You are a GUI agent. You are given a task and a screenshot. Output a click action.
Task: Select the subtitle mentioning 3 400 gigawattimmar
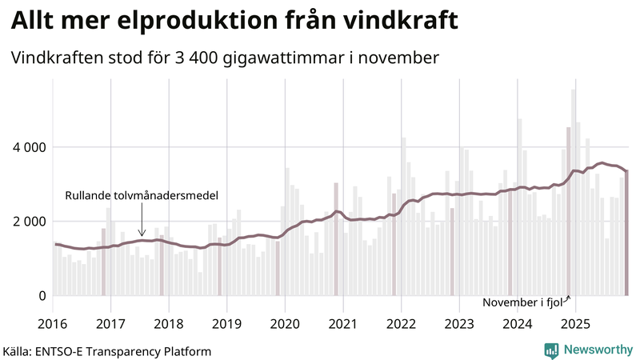coord(225,58)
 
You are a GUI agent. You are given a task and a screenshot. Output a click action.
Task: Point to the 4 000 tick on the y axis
coord(26,147)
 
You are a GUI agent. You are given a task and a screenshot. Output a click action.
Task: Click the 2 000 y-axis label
coord(26,222)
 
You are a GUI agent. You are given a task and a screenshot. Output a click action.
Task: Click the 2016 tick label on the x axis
coord(53,324)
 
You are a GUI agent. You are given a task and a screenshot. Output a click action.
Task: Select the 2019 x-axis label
coord(227,324)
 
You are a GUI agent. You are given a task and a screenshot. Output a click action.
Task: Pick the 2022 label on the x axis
coord(401,324)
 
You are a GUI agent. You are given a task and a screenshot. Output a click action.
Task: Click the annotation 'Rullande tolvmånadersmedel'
coord(142,196)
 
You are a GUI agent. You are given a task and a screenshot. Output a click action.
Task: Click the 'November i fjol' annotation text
coord(522,302)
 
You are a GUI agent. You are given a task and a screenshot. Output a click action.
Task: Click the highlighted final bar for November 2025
coord(626,233)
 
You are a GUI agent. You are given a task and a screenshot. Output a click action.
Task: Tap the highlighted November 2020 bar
coord(336,239)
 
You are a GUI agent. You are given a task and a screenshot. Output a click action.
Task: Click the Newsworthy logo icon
coord(551,350)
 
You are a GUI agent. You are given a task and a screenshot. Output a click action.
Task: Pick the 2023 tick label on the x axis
coord(459,324)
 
